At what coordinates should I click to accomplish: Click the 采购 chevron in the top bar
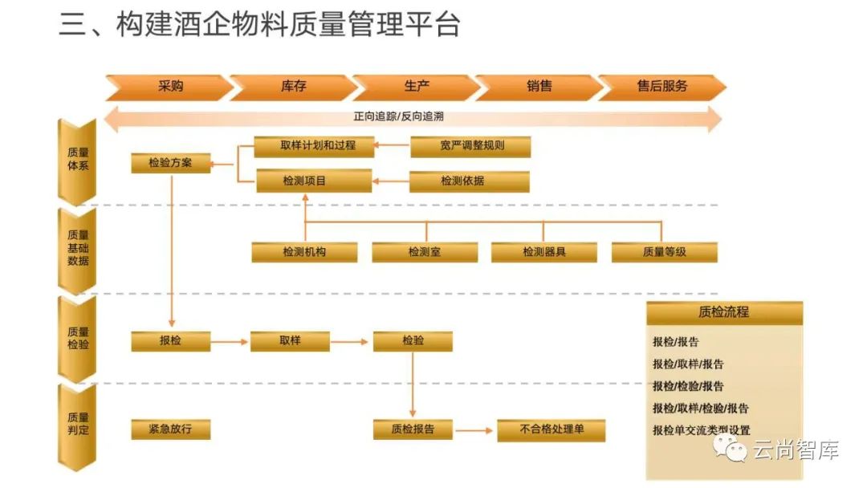click(169, 86)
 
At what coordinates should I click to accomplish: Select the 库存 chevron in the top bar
click(293, 86)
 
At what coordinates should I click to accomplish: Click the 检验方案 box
click(170, 163)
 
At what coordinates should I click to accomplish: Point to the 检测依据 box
click(469, 181)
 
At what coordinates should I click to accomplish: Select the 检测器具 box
click(543, 252)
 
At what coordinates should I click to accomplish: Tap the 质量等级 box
click(664, 252)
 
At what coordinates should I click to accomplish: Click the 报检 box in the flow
click(170, 341)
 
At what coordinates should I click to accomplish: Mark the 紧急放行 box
click(170, 429)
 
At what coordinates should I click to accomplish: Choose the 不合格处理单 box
click(552, 429)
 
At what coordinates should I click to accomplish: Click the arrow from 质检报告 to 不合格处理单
click(473, 430)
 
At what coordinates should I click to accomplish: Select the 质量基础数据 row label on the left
click(78, 249)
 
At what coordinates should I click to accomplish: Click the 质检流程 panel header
click(723, 312)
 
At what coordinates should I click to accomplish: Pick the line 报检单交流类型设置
click(701, 430)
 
